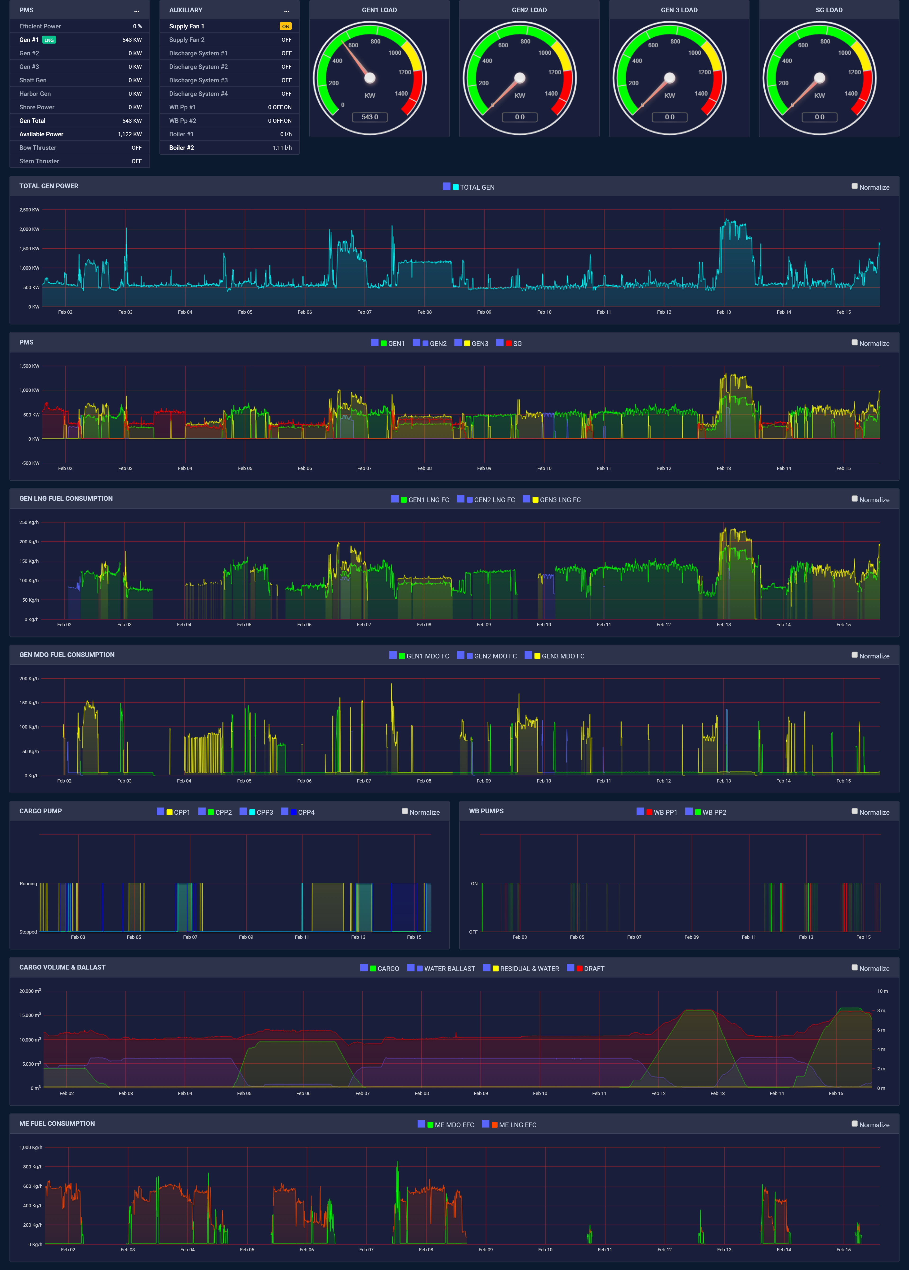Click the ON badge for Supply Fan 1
pos(285,26)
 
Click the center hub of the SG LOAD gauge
pos(820,78)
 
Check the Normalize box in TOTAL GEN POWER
pos(854,186)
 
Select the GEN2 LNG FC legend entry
pos(494,500)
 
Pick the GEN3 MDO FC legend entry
pos(562,656)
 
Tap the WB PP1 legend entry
pos(664,812)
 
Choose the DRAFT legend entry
pos(593,968)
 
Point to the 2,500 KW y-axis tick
pos(29,210)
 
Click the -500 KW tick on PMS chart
pos(30,463)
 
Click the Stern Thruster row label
pos(39,161)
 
